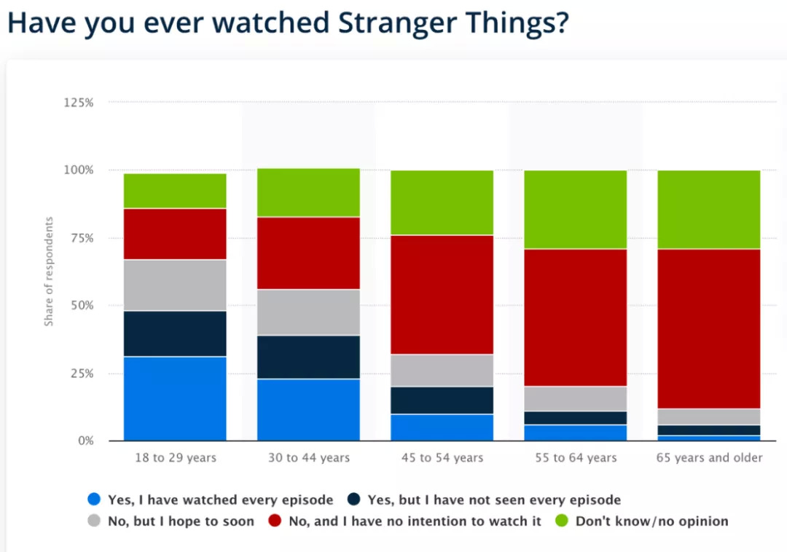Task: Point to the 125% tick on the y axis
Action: coord(79,103)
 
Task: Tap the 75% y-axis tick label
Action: coord(81,238)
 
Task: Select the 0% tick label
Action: coord(85,441)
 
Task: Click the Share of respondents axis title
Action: coord(49,271)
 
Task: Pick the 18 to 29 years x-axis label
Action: coord(175,458)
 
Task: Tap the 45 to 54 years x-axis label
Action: coord(442,458)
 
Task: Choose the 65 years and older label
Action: coord(708,458)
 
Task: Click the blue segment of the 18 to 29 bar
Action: coord(175,398)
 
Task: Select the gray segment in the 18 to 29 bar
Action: coord(175,285)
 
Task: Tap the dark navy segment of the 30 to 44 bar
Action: coord(308,357)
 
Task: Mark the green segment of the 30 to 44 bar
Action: coord(308,192)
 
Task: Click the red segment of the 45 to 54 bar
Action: coord(442,294)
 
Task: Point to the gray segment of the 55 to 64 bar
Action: coord(575,398)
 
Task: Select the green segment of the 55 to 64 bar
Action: coord(575,210)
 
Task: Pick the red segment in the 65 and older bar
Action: coord(708,328)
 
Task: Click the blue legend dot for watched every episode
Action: coord(93,500)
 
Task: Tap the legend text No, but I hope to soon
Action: coord(181,521)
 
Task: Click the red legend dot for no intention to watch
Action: coord(275,521)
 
